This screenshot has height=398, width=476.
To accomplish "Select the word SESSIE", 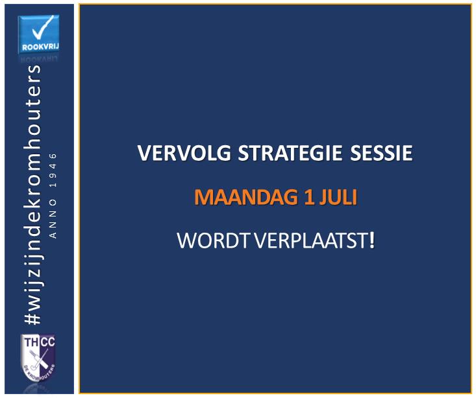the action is click(381, 153).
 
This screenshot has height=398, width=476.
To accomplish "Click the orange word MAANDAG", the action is click(246, 197).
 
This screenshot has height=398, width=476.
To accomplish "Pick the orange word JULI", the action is click(338, 197).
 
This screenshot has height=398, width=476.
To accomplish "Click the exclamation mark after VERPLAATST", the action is click(372, 240).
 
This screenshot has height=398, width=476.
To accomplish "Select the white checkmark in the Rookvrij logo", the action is click(42, 28).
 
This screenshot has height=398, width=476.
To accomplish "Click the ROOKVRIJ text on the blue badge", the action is click(40, 47).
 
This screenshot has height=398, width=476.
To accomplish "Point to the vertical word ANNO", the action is click(53, 219).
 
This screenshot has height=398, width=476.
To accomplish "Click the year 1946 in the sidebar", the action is click(53, 170).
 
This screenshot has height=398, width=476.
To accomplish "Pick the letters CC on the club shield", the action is click(47, 342).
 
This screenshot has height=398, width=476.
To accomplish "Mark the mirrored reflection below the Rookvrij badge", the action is click(39, 58).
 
